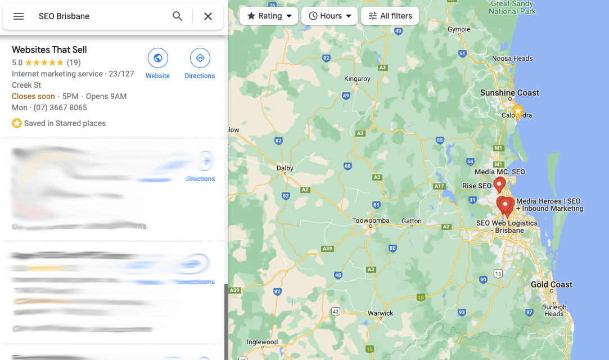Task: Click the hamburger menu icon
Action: [x=19, y=16]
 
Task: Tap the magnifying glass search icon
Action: [x=178, y=16]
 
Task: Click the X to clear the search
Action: [x=208, y=16]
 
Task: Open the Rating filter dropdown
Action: [x=269, y=16]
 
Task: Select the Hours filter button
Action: [x=329, y=16]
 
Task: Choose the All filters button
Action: [x=390, y=16]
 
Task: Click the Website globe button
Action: [x=157, y=58]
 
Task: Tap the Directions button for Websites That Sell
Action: [x=200, y=58]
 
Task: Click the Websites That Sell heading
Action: [x=49, y=49]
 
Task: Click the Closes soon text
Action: [x=33, y=96]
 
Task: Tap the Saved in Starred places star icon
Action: [x=17, y=123]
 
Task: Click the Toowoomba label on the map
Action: [x=371, y=220]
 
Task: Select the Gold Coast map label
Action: [x=551, y=285]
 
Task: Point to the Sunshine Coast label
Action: [x=509, y=93]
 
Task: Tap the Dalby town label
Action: [x=285, y=168]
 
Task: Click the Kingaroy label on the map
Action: [x=357, y=79]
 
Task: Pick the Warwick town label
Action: [x=380, y=313]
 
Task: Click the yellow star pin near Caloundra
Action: [x=518, y=110]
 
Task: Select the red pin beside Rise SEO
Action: [x=499, y=183]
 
